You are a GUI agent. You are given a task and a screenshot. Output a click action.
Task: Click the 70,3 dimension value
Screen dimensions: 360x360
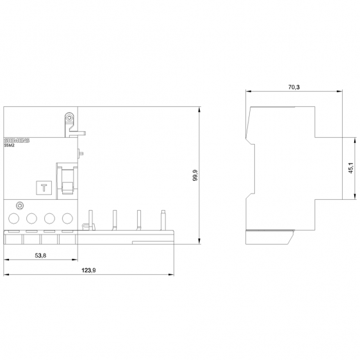pyautogui.click(x=294, y=87)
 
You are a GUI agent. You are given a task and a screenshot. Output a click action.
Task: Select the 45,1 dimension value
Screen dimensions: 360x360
pyautogui.click(x=350, y=168)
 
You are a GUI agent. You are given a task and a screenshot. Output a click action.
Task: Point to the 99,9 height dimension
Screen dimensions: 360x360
pyautogui.click(x=195, y=176)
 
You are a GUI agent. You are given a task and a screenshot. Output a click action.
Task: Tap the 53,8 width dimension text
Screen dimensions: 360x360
pyautogui.click(x=40, y=256)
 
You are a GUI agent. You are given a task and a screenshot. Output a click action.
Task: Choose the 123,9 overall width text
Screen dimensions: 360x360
pyautogui.click(x=88, y=270)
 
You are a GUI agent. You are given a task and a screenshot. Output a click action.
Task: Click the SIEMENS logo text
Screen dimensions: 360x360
pyautogui.click(x=17, y=140)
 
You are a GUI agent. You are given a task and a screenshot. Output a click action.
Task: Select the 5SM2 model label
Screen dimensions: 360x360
pyautogui.click(x=10, y=145)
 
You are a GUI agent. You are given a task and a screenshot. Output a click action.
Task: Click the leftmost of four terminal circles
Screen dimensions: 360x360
pyautogui.click(x=14, y=218)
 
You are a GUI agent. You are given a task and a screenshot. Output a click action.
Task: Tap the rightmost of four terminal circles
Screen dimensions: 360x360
pyautogui.click(x=67, y=218)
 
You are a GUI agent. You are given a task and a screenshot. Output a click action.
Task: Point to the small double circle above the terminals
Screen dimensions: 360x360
pyautogui.click(x=20, y=205)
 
